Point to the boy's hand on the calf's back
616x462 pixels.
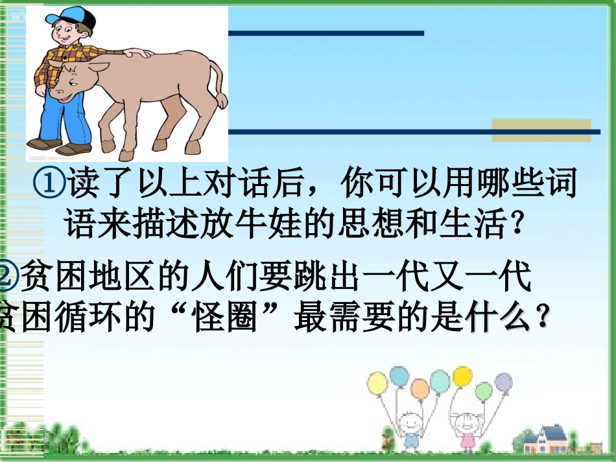[137, 53]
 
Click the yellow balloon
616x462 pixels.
[462, 376]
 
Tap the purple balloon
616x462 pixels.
[503, 382]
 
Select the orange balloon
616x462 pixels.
[420, 389]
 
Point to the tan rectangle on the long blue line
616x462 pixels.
[541, 130]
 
